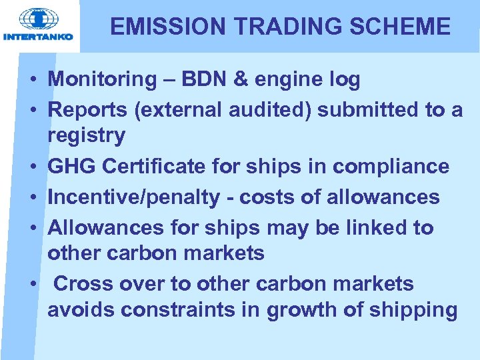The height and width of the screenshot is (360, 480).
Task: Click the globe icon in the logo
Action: point(38,19)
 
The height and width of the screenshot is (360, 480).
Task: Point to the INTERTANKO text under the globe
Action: point(38,37)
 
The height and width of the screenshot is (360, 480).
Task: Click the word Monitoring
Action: point(101,80)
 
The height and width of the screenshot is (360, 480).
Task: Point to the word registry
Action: point(86,136)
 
